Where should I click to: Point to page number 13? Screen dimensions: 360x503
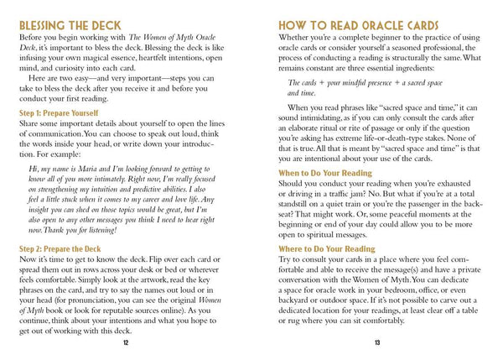378,342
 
